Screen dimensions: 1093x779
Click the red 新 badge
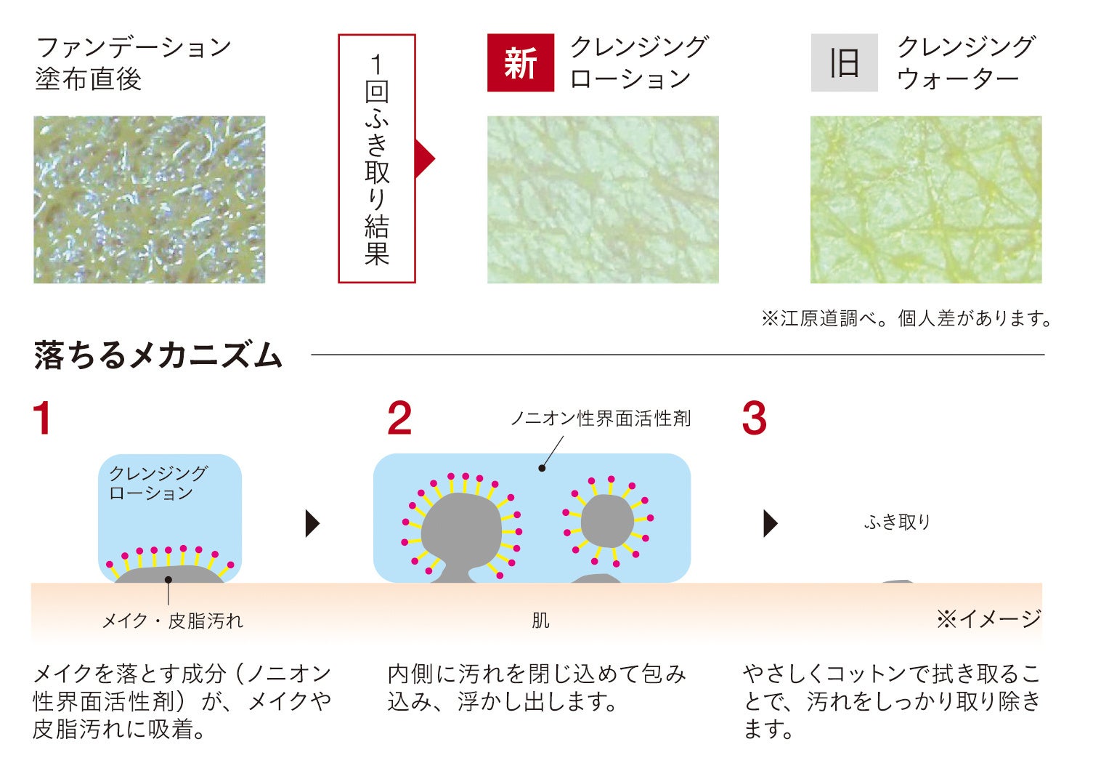[521, 62]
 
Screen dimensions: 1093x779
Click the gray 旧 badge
[844, 62]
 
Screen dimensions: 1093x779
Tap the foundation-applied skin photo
[150, 200]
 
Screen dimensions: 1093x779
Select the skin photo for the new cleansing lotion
[603, 200]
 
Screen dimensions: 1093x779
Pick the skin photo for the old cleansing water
[926, 200]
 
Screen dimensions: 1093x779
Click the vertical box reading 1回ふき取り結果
[377, 158]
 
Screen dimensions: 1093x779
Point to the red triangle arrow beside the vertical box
[425, 158]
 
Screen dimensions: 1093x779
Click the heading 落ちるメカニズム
[158, 355]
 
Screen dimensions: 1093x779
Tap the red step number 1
[43, 418]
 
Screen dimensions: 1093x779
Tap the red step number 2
[399, 418]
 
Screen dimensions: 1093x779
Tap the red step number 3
[755, 418]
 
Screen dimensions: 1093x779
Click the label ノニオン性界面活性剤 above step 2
[601, 419]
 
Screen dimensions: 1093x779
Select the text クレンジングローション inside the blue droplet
[158, 483]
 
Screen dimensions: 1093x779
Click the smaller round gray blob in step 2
[607, 521]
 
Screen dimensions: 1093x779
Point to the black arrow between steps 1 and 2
[312, 524]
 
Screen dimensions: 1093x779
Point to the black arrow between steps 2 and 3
[771, 524]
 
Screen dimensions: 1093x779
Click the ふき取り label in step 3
[898, 522]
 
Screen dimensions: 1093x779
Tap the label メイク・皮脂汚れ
[173, 621]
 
